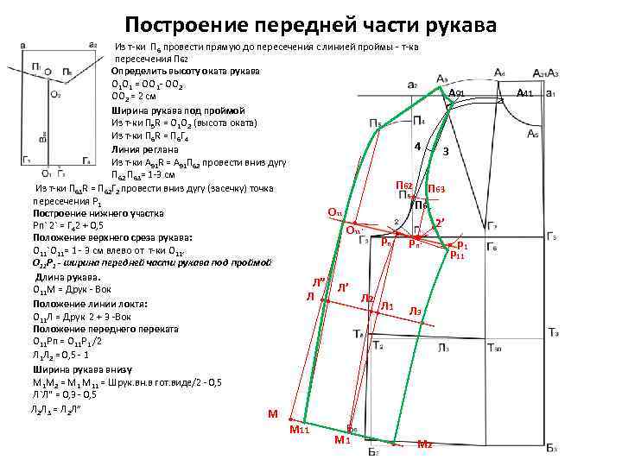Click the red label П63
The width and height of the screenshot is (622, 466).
point(436,189)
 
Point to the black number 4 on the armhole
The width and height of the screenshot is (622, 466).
point(417,146)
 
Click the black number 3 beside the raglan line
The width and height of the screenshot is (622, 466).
point(445,151)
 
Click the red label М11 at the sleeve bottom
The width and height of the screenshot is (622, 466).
point(299,429)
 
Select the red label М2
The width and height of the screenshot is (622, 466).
point(424,444)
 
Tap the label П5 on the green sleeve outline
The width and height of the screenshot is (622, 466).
point(375,123)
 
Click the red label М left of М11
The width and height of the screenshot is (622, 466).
point(273,414)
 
